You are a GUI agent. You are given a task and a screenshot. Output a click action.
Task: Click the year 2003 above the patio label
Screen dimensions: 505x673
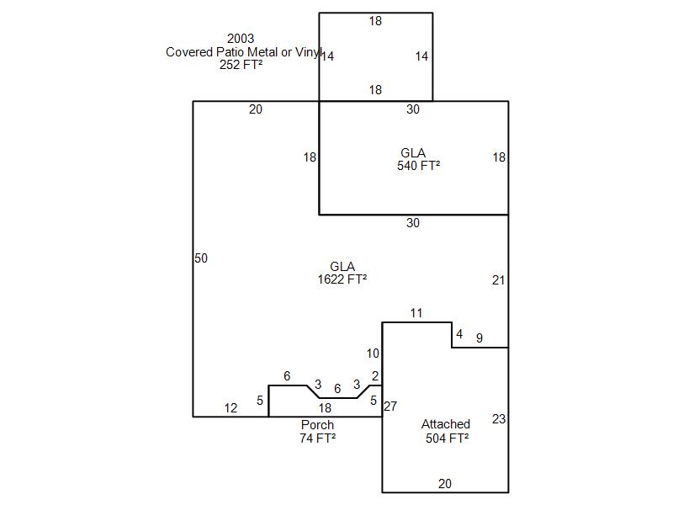click(x=241, y=39)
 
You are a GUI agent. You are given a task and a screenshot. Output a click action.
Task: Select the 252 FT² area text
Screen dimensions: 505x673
click(x=241, y=64)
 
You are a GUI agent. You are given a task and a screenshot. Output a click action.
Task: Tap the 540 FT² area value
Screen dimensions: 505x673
click(x=419, y=166)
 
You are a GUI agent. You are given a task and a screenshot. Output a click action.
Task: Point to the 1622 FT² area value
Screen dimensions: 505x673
click(x=342, y=279)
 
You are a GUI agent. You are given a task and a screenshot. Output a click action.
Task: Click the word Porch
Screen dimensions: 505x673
click(x=317, y=425)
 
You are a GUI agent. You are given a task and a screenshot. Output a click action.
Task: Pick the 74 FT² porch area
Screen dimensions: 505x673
click(x=317, y=438)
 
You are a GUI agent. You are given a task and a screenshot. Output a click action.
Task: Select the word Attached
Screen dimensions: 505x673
click(x=446, y=424)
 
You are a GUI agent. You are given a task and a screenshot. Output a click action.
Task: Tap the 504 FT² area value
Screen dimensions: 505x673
click(x=446, y=438)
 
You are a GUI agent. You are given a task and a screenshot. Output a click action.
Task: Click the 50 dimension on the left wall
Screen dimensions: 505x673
click(x=201, y=258)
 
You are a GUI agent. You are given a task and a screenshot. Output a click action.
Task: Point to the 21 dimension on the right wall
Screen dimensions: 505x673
click(x=499, y=280)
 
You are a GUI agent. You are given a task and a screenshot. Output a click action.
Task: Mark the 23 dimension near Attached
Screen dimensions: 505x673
click(x=499, y=418)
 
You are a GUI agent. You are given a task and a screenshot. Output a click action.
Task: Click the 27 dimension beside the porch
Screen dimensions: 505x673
click(x=390, y=407)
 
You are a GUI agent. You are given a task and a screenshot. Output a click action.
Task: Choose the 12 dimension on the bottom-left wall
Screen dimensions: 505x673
click(x=231, y=408)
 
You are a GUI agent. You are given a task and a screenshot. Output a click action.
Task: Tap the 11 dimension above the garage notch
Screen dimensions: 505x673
click(x=416, y=313)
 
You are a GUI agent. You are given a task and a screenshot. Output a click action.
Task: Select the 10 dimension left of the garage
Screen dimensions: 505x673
click(x=373, y=353)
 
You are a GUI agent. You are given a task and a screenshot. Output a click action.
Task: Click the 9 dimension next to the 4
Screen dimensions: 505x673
click(x=480, y=338)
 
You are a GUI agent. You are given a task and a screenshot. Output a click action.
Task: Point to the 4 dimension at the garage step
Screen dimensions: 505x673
click(x=459, y=334)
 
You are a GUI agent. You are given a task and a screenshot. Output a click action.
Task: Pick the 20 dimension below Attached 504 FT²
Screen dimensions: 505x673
click(x=445, y=484)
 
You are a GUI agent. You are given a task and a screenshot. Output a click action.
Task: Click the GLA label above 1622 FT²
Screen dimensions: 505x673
click(x=342, y=267)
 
